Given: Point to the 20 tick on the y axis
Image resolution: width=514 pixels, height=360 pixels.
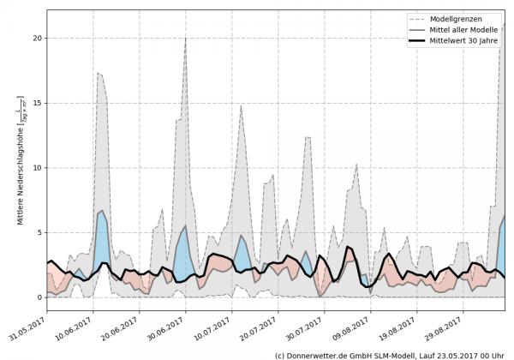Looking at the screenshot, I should point(37,39).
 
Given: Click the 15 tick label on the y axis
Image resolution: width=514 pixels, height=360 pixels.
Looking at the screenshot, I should point(37,103).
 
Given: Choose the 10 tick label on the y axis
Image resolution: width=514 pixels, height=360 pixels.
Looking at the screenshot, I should point(37,168).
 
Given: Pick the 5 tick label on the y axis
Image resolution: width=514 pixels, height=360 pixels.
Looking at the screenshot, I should point(39,232).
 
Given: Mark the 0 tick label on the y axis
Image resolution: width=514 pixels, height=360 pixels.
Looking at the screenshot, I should point(39,297).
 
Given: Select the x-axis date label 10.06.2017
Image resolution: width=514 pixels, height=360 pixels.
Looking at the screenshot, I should point(75,327).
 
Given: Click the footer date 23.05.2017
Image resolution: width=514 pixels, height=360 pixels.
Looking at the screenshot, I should point(453,355).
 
